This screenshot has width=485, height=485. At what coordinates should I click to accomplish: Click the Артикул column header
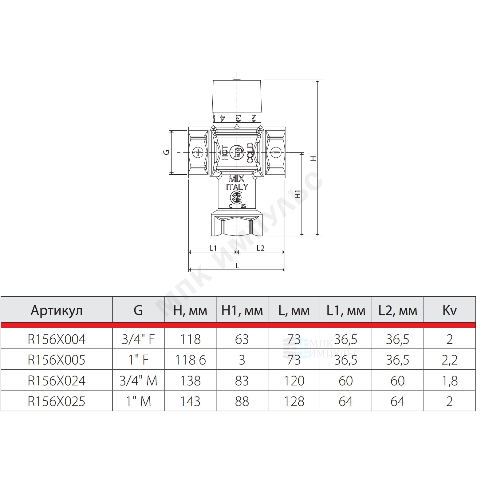click(57, 311)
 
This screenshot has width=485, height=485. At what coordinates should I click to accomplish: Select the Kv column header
click(449, 310)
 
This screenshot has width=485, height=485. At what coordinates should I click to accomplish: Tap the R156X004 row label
click(57, 339)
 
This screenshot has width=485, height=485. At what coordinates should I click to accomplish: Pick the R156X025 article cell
click(57, 401)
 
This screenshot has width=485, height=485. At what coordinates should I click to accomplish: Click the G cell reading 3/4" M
click(138, 381)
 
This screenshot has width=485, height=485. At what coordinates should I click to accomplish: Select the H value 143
click(190, 401)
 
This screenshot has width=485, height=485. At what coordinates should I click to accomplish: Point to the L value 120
click(294, 381)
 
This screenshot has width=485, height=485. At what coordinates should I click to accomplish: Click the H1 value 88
click(242, 401)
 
